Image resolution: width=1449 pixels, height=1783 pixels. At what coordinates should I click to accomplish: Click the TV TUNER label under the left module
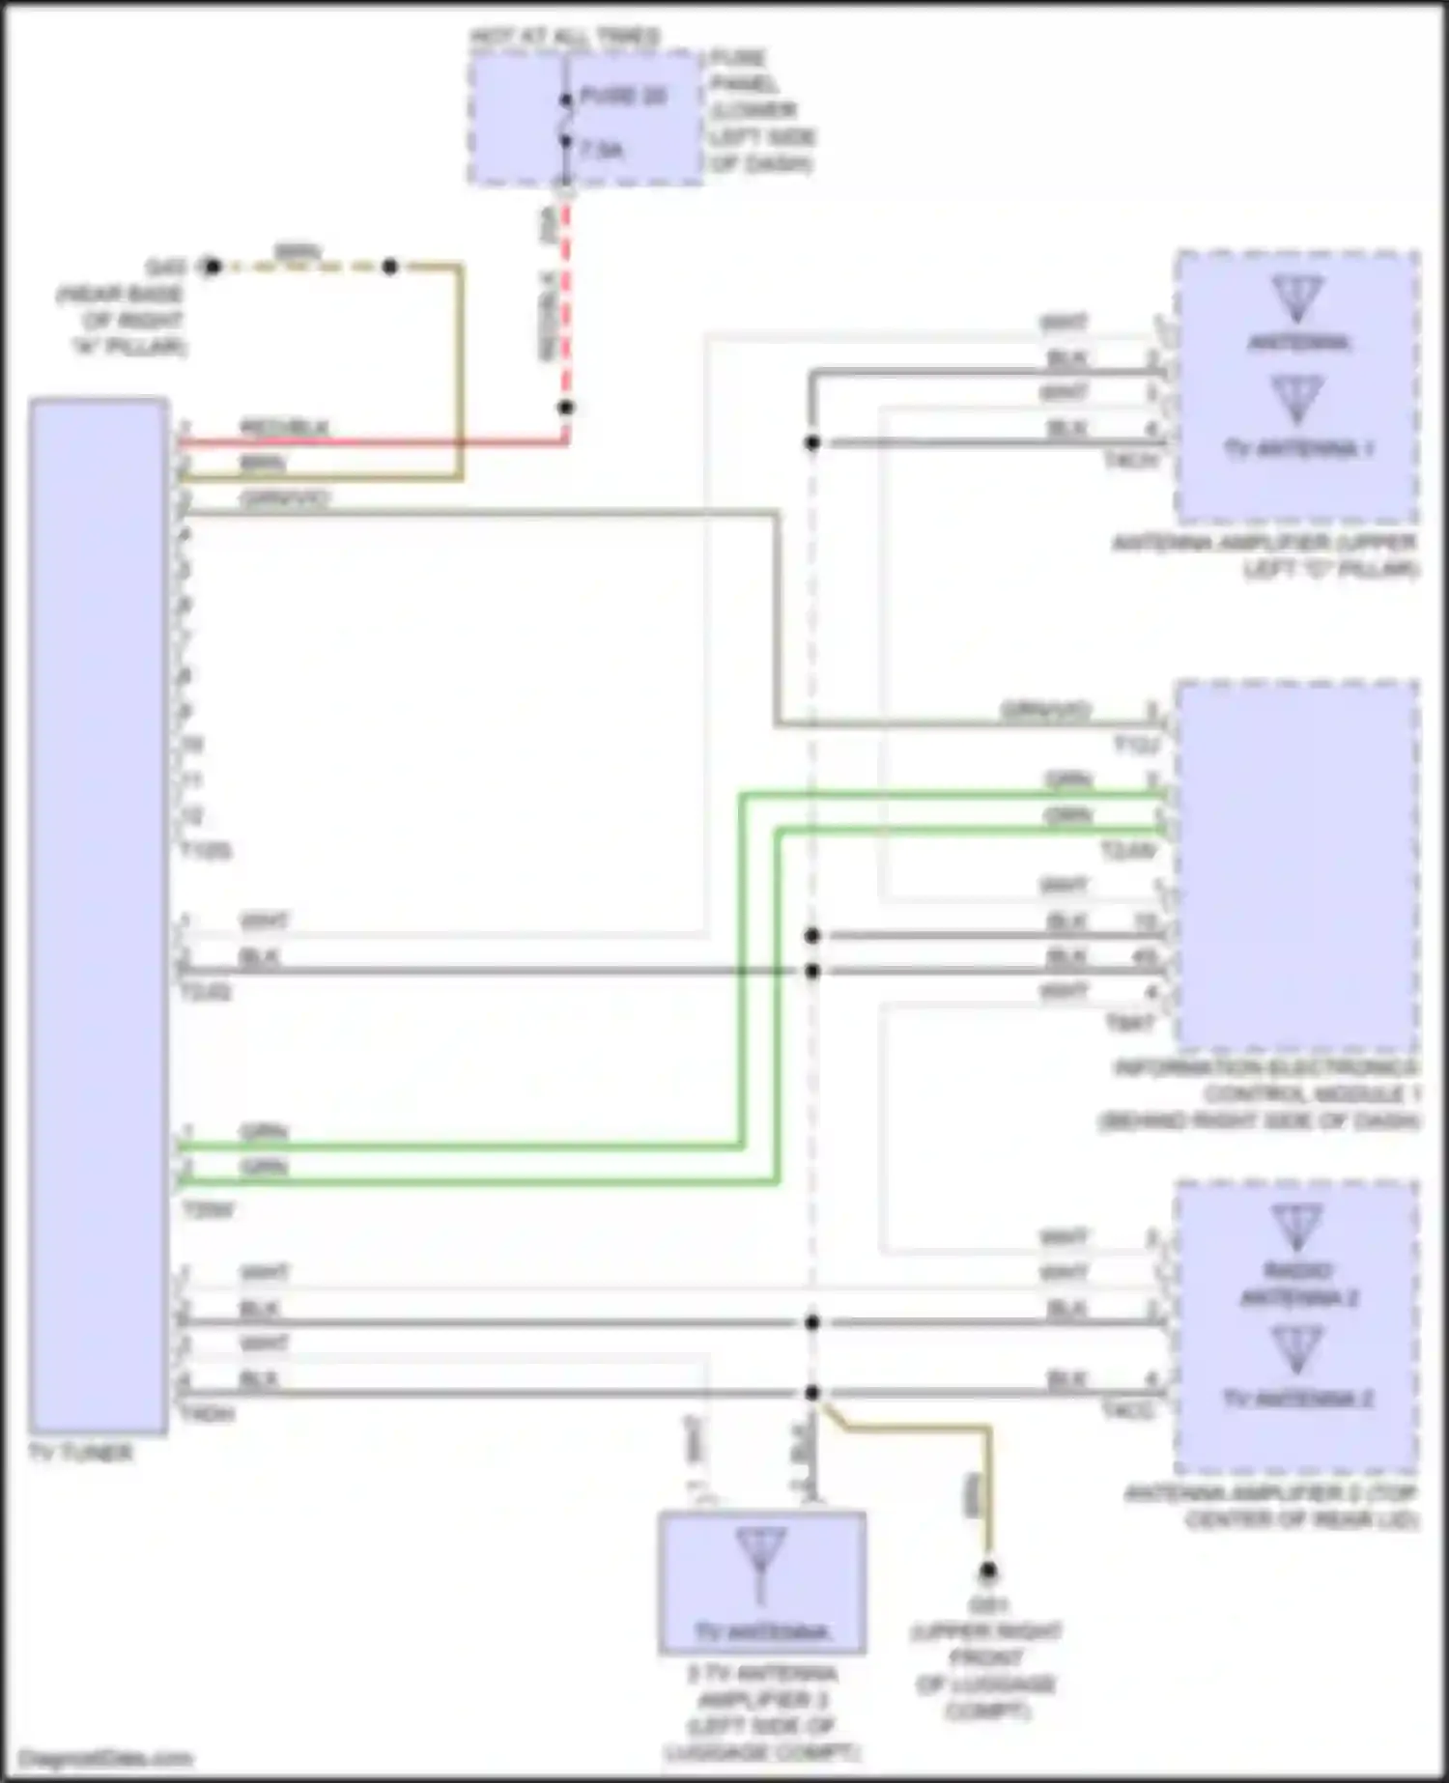pyautogui.click(x=80, y=1453)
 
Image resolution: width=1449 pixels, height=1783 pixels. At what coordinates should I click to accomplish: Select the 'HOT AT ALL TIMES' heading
pyautogui.click(x=565, y=38)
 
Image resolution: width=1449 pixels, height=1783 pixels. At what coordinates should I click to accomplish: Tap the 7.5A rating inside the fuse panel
pyautogui.click(x=602, y=150)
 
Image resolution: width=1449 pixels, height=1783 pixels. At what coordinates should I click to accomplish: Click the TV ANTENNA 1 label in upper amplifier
pyautogui.click(x=1298, y=448)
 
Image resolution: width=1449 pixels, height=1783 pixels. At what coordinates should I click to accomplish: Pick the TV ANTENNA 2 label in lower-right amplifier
pyautogui.click(x=1298, y=1398)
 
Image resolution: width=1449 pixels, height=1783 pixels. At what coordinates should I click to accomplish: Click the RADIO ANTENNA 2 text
pyautogui.click(x=1298, y=1285)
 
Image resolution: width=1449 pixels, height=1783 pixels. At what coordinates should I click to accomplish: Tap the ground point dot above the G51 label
pyautogui.click(x=988, y=1571)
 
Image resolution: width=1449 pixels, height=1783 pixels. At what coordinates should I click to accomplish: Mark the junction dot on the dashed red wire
pyautogui.click(x=566, y=408)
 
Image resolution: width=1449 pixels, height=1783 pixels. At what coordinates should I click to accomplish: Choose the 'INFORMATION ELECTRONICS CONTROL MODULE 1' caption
pyautogui.click(x=1265, y=1094)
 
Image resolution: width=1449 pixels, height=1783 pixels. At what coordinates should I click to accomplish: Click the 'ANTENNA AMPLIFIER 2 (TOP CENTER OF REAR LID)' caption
pyautogui.click(x=1271, y=1507)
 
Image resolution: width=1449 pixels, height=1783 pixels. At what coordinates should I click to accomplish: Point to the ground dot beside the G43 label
pyautogui.click(x=213, y=267)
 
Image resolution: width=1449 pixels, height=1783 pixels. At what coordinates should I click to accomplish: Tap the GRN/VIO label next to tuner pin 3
pyautogui.click(x=285, y=498)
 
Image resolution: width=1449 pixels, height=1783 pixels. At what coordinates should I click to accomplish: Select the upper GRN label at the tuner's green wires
pyautogui.click(x=264, y=1131)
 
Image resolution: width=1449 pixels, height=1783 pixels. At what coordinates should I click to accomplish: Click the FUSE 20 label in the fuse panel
pyautogui.click(x=623, y=97)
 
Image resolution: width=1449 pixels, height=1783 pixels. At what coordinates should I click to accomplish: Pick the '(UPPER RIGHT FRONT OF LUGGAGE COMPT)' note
pyautogui.click(x=986, y=1671)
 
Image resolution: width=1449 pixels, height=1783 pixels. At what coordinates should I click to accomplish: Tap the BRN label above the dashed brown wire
pyautogui.click(x=298, y=252)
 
